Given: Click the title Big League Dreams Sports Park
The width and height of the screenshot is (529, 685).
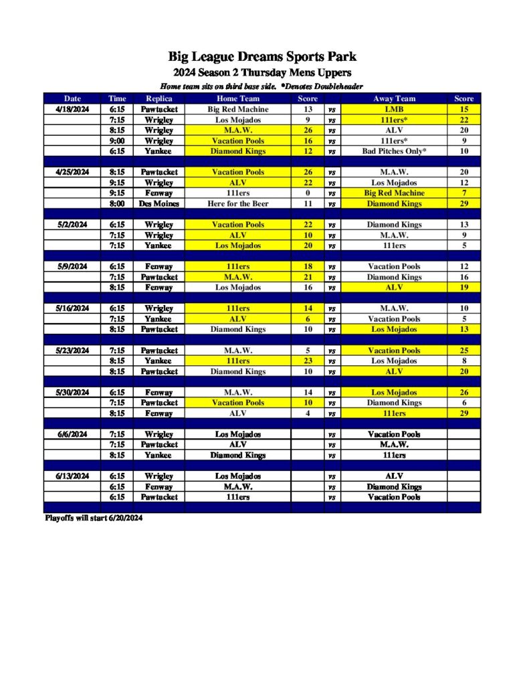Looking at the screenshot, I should pos(262,56).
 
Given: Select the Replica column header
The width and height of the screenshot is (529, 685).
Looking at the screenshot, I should pos(158,98).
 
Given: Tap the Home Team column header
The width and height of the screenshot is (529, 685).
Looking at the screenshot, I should pos(238,98).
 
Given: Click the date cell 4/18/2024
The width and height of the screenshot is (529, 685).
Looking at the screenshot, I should pos(72,109).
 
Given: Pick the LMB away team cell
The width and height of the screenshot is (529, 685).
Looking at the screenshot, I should pos(395,109).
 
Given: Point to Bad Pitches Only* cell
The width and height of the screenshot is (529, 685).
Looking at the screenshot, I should pos(395,151).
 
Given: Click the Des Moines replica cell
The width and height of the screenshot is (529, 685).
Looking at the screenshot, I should pos(158,203).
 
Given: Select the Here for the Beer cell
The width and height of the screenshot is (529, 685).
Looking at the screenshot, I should pos(238,203).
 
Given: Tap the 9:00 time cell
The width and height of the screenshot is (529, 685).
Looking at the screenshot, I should pos(117,140).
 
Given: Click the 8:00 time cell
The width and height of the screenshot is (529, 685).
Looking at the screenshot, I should pos(117,203).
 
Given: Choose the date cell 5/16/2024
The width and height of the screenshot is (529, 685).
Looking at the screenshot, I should pos(72,308).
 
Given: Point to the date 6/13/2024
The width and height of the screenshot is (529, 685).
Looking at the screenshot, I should pos(72,476).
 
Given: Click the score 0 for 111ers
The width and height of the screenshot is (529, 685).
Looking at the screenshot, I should pos(308,193).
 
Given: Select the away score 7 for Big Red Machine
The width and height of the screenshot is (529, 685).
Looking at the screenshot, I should pos(463,193).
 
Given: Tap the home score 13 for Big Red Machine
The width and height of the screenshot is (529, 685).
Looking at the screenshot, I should pos(308,109).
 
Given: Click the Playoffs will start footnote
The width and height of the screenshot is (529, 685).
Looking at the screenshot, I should pos(94,518).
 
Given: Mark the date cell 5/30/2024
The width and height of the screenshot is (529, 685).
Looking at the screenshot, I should pos(72,393).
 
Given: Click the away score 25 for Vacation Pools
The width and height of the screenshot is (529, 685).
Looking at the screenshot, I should pos(463,351).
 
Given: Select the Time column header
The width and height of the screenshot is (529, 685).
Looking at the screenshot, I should pos(117,98).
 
